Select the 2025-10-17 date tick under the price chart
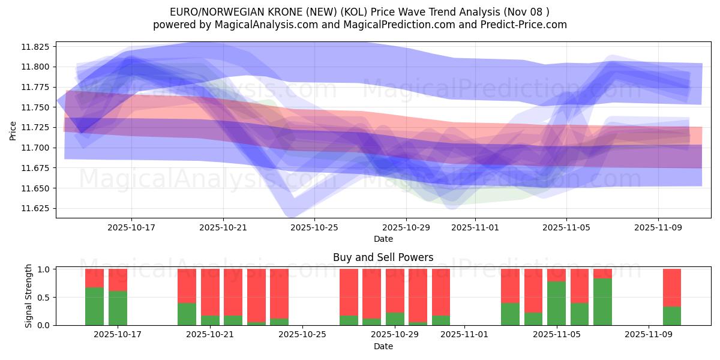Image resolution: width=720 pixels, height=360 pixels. pyautogui.click(x=131, y=227)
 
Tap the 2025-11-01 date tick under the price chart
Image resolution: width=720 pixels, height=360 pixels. pyautogui.click(x=475, y=227)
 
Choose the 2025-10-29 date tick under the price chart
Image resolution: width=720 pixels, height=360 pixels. pyautogui.click(x=406, y=227)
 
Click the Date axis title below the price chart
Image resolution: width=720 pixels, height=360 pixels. pyautogui.click(x=383, y=239)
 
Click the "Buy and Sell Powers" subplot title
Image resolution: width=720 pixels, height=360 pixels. pyautogui.click(x=383, y=257)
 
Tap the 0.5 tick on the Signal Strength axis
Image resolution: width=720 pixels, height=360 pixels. pyautogui.click(x=45, y=298)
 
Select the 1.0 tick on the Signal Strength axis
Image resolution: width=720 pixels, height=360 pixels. pyautogui.click(x=45, y=269)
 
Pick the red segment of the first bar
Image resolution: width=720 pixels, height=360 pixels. pyautogui.click(x=94, y=278)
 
